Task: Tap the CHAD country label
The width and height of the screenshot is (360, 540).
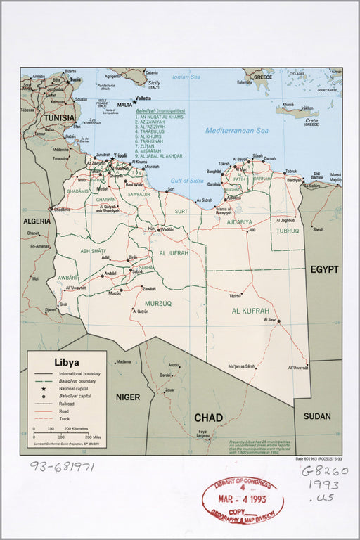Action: [x=208, y=418]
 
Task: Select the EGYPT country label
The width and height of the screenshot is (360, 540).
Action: [x=324, y=269]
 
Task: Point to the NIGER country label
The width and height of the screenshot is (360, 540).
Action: [x=128, y=397]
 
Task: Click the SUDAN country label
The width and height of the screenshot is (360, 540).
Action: [x=317, y=416]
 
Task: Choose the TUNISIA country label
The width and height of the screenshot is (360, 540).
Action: [x=59, y=118]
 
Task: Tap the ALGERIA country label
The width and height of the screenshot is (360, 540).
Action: [x=37, y=221]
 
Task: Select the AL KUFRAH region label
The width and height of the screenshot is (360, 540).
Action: [x=250, y=310]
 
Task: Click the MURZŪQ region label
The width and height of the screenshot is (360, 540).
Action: [x=158, y=303]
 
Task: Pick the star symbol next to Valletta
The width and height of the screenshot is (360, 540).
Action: [x=134, y=103]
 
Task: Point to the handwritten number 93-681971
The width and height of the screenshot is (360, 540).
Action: [x=61, y=466]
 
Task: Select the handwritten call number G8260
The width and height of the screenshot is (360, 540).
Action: [x=325, y=472]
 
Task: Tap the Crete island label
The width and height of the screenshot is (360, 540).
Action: [x=311, y=120]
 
